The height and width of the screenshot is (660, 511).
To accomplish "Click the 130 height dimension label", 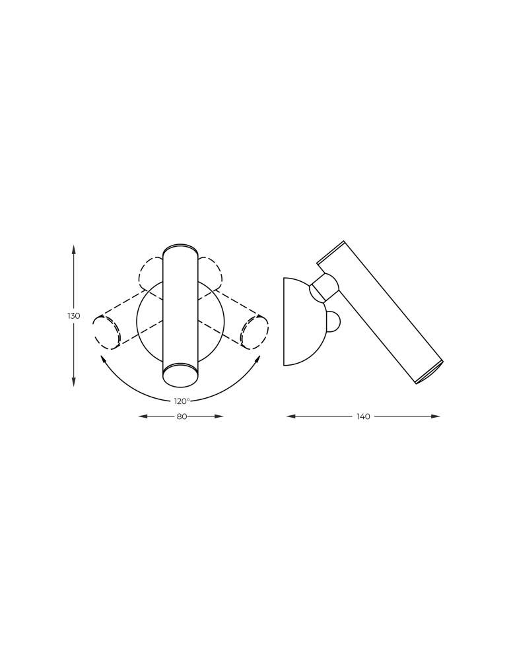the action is pyautogui.click(x=74, y=315).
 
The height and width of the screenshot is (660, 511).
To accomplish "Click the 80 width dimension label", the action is pyautogui.click(x=182, y=416).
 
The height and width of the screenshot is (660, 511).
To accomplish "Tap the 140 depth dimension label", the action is pyautogui.click(x=363, y=416).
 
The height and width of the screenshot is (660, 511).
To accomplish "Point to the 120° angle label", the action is pyautogui.click(x=182, y=401).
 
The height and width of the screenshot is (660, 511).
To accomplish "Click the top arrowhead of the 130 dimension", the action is pyautogui.click(x=74, y=249).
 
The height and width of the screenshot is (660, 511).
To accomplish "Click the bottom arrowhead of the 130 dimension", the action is pyautogui.click(x=74, y=381).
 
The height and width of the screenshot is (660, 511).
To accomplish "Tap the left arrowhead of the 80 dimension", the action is pyautogui.click(x=143, y=416).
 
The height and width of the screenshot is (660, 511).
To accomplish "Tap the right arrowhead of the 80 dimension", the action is pyautogui.click(x=219, y=416).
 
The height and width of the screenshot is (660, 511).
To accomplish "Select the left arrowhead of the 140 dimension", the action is pyautogui.click(x=291, y=416).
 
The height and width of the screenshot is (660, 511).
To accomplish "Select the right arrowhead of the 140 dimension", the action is pyautogui.click(x=435, y=416).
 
